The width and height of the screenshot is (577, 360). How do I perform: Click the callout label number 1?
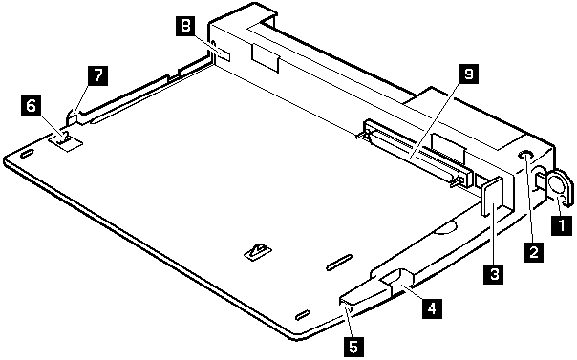tap(562, 224)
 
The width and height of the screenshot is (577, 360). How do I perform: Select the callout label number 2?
tap(533, 251)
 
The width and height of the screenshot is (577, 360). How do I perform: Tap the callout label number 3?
tap(494, 274)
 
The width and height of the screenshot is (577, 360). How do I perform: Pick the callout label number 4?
tap(432, 307)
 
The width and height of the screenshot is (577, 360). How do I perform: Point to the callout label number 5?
tap(353, 347)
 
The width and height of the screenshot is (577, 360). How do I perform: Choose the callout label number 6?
tap(31, 106)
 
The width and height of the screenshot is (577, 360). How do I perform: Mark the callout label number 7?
tap(97, 75)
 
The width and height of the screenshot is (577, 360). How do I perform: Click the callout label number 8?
tap(186, 26)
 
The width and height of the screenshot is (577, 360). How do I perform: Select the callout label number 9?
tap(468, 74)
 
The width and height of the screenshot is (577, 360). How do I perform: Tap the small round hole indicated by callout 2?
tap(525, 155)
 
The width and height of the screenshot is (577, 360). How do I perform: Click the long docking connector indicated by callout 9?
tap(416, 154)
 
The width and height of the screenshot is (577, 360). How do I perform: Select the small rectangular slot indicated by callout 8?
tap(224, 54)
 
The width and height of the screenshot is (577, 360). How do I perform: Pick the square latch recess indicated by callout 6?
tap(65, 141)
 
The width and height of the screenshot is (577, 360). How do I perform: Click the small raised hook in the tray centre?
tap(259, 251)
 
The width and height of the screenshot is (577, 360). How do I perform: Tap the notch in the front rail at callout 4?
tap(398, 280)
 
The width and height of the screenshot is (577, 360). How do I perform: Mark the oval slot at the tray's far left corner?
tap(28, 154)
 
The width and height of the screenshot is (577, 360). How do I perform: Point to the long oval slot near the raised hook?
tap(339, 262)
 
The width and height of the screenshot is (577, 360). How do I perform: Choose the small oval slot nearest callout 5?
tap(303, 315)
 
